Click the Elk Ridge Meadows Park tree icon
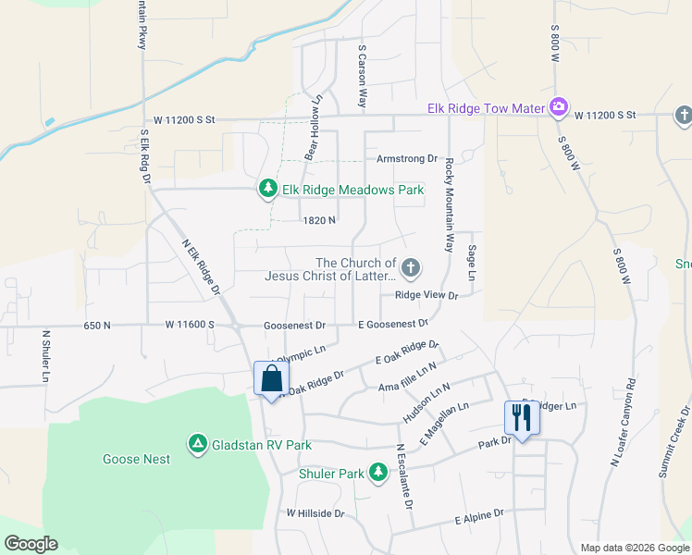tap(268, 190)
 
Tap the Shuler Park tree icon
tap(377, 474)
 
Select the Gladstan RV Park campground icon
tap(197, 445)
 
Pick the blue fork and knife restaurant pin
tap(522, 418)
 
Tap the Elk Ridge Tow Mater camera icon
tap(558, 108)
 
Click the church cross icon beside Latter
tap(411, 269)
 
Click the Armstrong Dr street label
tap(406, 159)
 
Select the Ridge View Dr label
tap(426, 295)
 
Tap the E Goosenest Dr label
tap(393, 325)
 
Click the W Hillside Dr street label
tap(315, 512)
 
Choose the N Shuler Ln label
tap(44, 356)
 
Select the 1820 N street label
tap(318, 220)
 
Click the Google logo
tap(31, 544)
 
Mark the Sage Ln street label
tap(471, 264)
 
